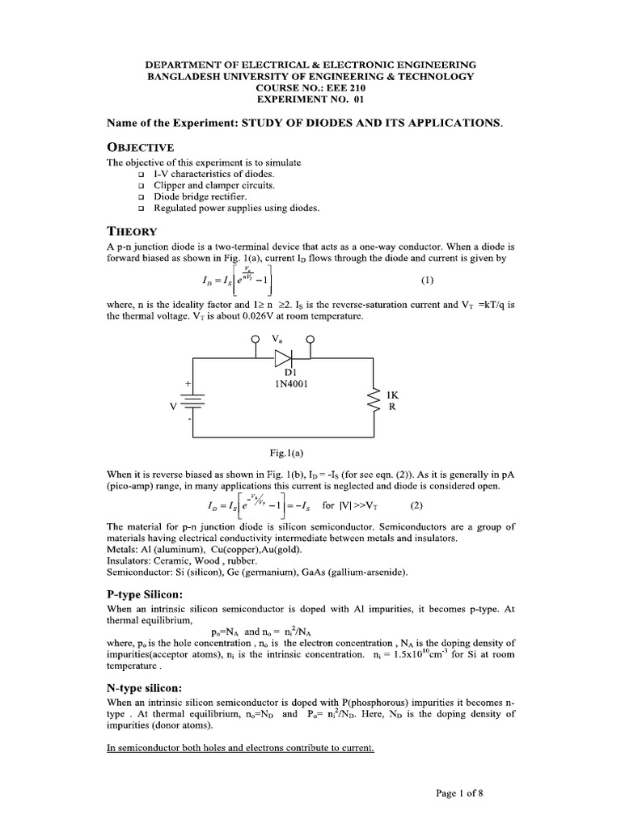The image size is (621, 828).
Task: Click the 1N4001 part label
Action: pos(289,383)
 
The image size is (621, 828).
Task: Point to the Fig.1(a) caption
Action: pos(287,453)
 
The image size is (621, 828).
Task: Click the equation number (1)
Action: pos(428,281)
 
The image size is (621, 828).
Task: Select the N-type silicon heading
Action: pos(146,686)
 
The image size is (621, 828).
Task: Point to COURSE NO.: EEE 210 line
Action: pos(310,87)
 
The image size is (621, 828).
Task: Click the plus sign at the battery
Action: pos(188,382)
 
